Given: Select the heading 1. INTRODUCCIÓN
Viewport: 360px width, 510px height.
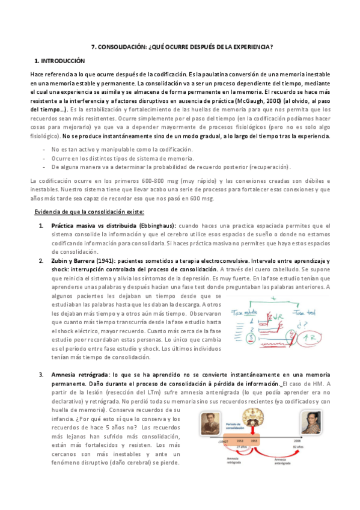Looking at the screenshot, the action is [x=60, y=61].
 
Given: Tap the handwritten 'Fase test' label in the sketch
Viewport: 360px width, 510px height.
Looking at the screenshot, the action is [x=304, y=312].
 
